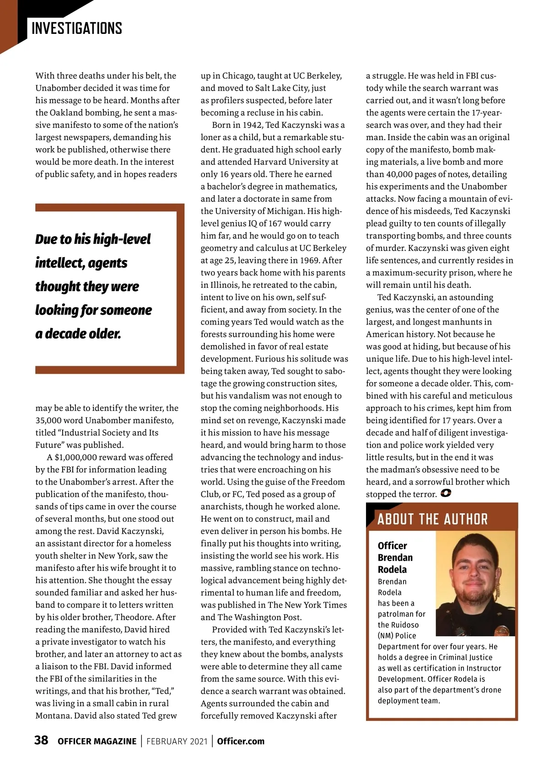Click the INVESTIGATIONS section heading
(x=77, y=28)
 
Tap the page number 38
(x=41, y=740)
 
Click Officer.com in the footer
(x=241, y=741)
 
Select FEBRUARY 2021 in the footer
(x=177, y=741)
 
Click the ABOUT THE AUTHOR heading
(x=432, y=519)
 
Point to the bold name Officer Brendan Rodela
(x=395, y=557)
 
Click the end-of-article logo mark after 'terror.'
(x=446, y=493)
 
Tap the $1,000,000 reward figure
(x=75, y=457)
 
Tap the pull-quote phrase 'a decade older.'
(x=78, y=334)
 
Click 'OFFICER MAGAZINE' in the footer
(x=97, y=741)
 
